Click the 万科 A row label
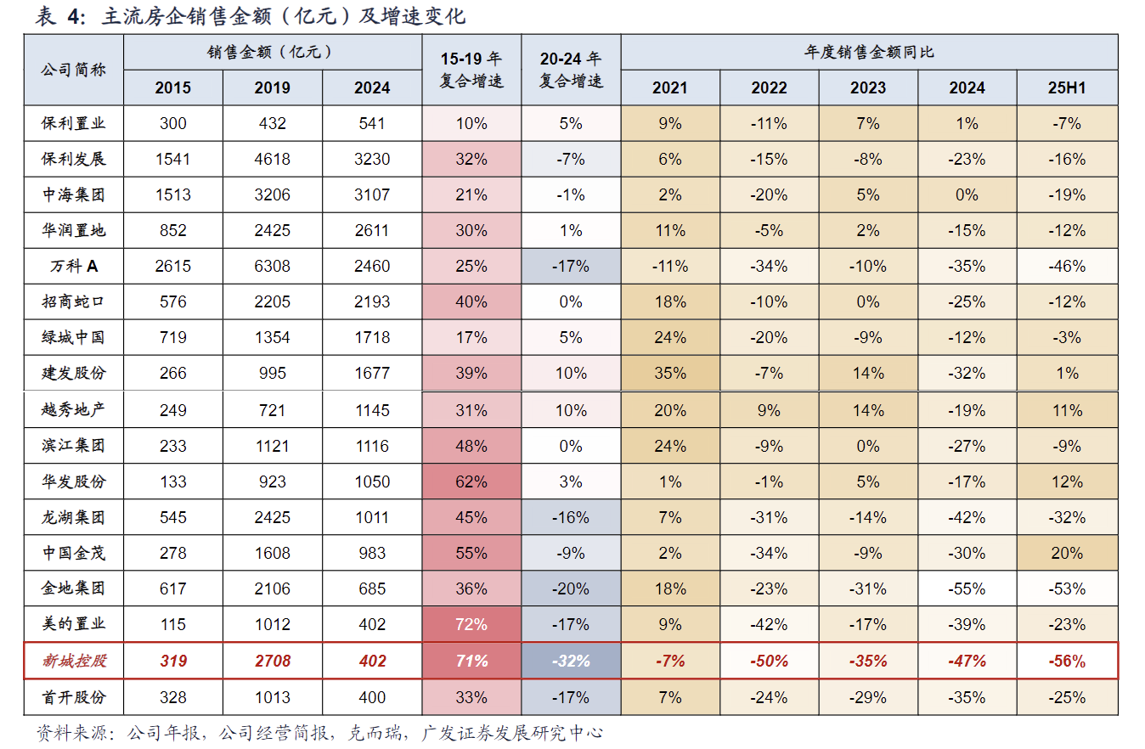(74, 266)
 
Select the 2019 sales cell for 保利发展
(272, 159)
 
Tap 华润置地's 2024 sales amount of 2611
(372, 230)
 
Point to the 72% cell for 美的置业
(471, 624)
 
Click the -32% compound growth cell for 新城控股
(571, 661)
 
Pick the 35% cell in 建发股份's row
(670, 373)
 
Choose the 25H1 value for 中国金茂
(1066, 553)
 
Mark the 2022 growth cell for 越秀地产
(769, 410)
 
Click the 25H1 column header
(1066, 87)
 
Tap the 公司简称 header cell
(74, 70)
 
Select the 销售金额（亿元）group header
(272, 52)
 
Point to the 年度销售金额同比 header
(869, 52)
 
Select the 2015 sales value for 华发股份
(173, 481)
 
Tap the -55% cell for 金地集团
(967, 588)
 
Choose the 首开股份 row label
(74, 697)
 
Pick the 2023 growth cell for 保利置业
(867, 123)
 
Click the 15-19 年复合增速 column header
(471, 70)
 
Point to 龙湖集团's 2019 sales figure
(272, 517)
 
